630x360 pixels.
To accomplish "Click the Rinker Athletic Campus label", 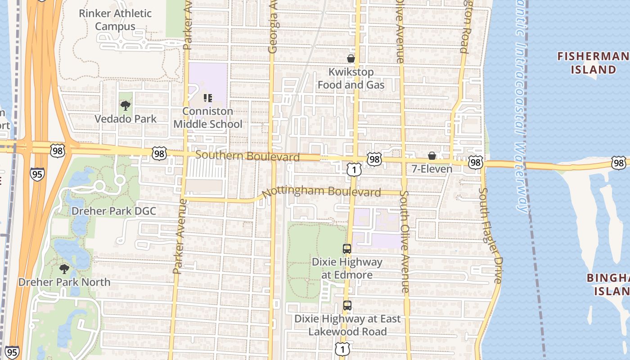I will tap(115, 20).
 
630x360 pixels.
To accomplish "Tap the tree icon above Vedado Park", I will tap(126, 106).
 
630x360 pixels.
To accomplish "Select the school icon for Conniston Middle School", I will tap(207, 97).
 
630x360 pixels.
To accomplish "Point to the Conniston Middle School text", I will tap(208, 117).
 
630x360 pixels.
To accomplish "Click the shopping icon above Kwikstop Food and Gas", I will tap(351, 58).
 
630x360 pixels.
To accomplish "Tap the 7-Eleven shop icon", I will tap(432, 156).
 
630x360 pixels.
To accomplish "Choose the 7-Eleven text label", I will tap(432, 169).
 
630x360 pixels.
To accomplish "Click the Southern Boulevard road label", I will tap(247, 156).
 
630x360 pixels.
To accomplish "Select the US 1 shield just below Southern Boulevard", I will tap(354, 169).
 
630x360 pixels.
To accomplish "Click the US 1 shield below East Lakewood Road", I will tap(342, 348).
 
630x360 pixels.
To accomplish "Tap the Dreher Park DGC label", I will tap(114, 211).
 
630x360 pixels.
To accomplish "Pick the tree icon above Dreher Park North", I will tap(64, 269).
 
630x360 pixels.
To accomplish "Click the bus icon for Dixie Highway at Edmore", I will tap(347, 249).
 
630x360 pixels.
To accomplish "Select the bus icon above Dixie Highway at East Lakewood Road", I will tap(347, 306).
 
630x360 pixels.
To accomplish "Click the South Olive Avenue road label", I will tap(405, 242).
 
